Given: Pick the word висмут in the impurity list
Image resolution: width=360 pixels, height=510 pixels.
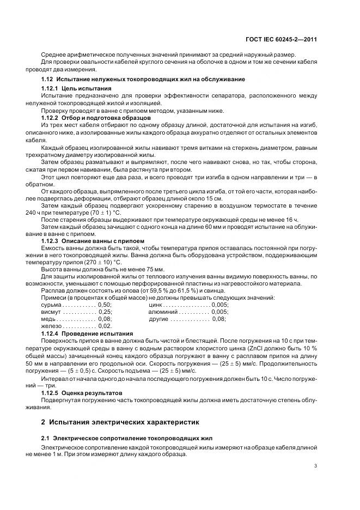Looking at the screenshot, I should pyautogui.click(x=51, y=312).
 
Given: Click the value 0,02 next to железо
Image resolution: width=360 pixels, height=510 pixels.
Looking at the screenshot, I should pyautogui.click(x=104, y=326).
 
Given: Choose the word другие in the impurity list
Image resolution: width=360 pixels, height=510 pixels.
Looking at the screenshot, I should pyautogui.click(x=160, y=319).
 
